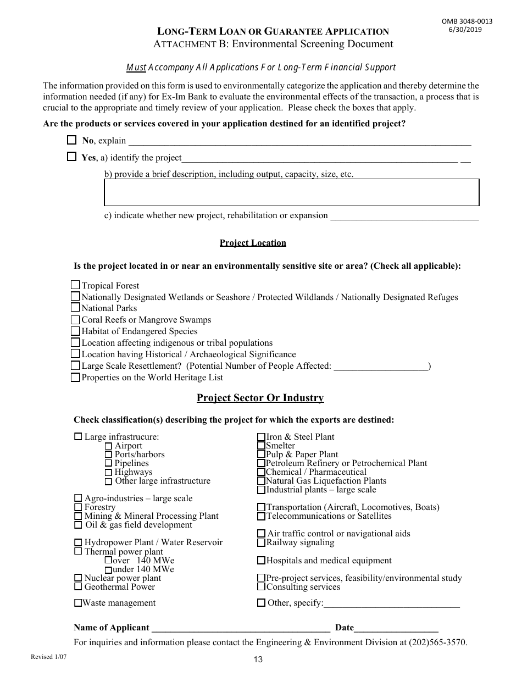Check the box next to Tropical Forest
click(x=76, y=285)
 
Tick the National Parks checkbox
click(x=76, y=308)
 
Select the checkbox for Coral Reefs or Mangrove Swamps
click(x=76, y=320)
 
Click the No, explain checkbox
click(x=71, y=140)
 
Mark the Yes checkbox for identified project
click(x=71, y=157)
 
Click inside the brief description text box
click(x=291, y=192)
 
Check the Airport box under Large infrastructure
click(x=108, y=446)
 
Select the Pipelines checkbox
click(x=108, y=464)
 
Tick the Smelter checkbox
click(x=262, y=446)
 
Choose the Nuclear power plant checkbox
click(x=78, y=578)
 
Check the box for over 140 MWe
click(x=108, y=561)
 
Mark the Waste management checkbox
click(x=78, y=603)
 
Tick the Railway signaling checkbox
click(x=262, y=542)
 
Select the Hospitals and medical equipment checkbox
click(x=262, y=561)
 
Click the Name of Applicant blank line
click(x=240, y=628)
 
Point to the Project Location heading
click(x=253, y=243)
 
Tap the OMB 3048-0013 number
click(x=467, y=21)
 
